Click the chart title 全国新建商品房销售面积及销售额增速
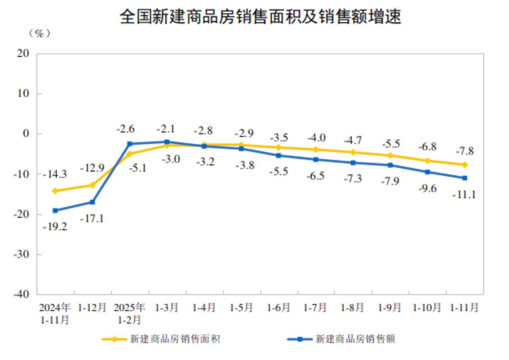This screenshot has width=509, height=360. click(x=260, y=18)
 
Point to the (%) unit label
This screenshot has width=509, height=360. click(x=39, y=34)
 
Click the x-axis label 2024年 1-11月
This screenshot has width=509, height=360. click(x=55, y=314)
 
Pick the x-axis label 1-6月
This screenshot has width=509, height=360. click(x=279, y=308)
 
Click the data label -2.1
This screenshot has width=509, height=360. click(x=167, y=129)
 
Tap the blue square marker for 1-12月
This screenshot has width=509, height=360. click(x=92, y=202)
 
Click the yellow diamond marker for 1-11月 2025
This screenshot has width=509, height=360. click(x=464, y=165)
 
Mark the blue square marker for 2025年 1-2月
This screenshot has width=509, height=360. click(x=130, y=144)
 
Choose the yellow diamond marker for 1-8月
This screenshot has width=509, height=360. click(x=353, y=152)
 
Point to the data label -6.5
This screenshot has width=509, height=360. click(x=315, y=176)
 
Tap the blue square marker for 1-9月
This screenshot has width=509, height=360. click(x=390, y=165)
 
